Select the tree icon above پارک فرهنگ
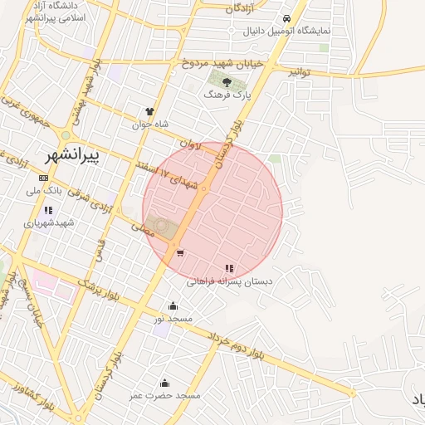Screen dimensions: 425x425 coord(227,81)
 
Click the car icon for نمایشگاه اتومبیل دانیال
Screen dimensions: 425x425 coord(286,18)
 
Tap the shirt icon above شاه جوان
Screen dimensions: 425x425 coord(149,111)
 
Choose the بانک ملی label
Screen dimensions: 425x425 coord(44,191)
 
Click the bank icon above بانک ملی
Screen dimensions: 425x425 coord(43,178)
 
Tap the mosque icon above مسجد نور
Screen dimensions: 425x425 coord(173,305)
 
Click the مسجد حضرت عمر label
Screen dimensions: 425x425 coord(164,396)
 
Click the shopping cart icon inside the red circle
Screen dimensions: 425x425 coord(180,253)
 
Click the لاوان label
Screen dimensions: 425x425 coord(190,143)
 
